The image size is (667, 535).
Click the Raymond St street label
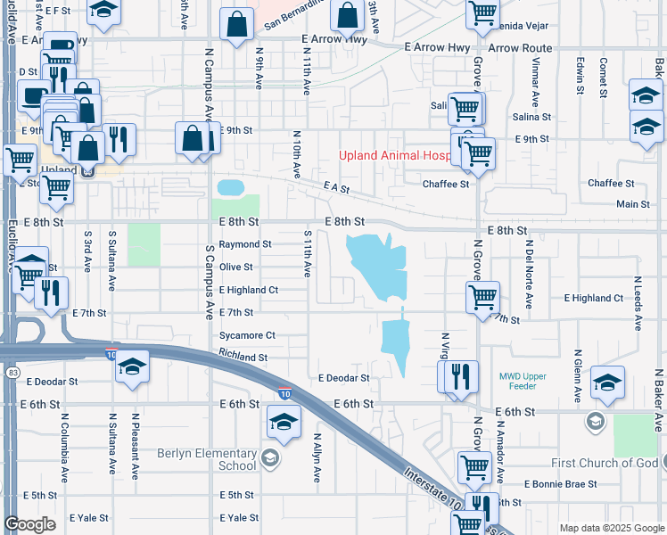coord(245,243)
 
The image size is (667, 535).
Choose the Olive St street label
coord(236,267)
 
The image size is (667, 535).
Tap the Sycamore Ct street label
coord(248,336)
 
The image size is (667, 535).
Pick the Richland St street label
coord(243,358)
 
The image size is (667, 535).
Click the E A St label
coord(335,188)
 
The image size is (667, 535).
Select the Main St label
coord(633,204)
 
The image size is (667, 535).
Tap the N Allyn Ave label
coord(317,457)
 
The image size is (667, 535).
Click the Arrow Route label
coord(519,48)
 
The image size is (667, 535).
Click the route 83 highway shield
coord(12,372)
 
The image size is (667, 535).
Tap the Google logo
coord(30,524)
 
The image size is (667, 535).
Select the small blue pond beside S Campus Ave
coord(229,187)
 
